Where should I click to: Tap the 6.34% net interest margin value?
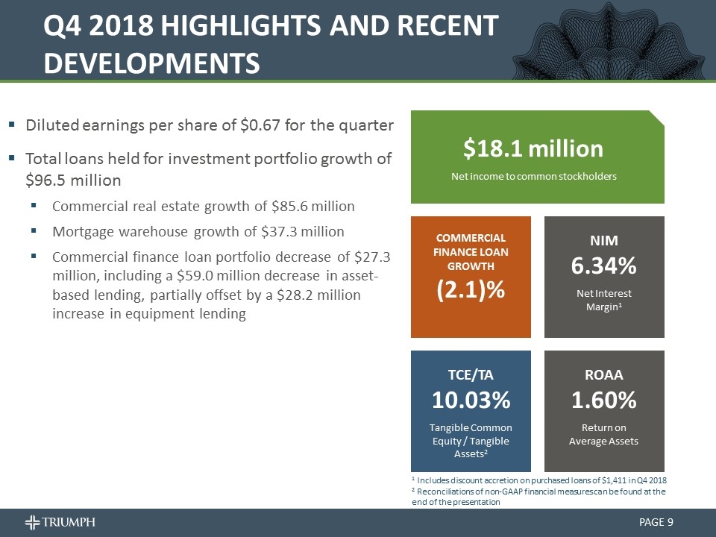[x=604, y=266]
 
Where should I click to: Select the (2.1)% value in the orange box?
[x=471, y=289]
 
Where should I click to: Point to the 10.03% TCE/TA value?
[x=471, y=401]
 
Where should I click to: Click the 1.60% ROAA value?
[x=604, y=401]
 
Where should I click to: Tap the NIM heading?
[x=604, y=239]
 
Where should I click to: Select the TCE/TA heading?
[x=471, y=374]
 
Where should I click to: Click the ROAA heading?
[x=604, y=374]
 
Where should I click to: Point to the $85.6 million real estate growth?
[x=317, y=205]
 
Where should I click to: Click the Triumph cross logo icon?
[x=34, y=521]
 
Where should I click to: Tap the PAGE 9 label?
[x=656, y=521]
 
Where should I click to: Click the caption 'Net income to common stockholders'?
[x=533, y=176]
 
